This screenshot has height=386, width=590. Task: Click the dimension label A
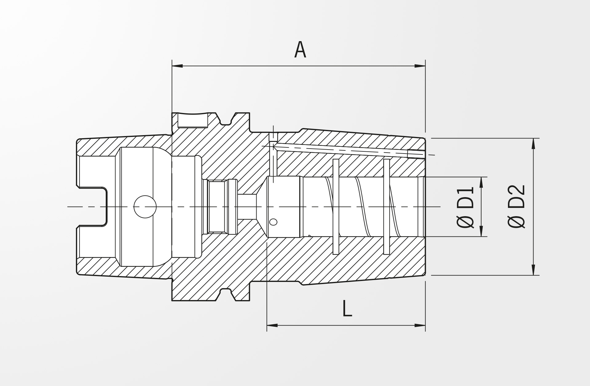300,50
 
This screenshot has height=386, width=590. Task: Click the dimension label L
347,309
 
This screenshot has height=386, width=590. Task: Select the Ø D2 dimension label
517,206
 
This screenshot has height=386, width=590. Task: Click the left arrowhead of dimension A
177,66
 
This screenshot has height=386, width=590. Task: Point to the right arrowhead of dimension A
420,66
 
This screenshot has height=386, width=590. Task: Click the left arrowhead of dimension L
272,325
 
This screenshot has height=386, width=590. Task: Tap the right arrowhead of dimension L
420,325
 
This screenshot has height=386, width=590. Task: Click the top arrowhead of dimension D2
533,144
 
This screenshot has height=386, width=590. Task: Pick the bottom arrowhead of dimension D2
533,270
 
